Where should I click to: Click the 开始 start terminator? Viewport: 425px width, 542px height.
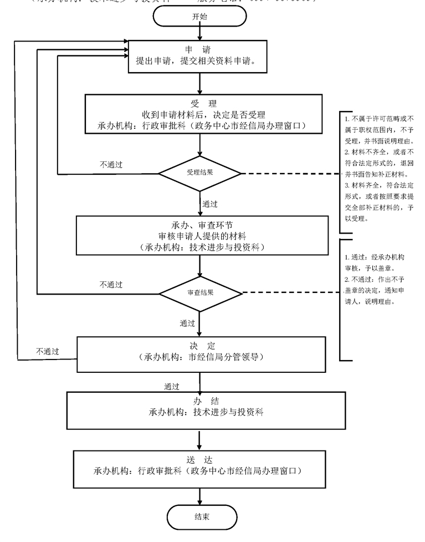click(199, 16)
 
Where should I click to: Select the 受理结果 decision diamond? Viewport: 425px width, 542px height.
click(200, 173)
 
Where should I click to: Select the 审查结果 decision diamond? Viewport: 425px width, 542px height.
click(201, 292)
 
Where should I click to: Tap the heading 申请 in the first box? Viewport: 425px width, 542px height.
click(198, 50)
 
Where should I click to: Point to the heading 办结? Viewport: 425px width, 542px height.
click(198, 401)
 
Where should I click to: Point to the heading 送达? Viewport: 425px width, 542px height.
click(198, 459)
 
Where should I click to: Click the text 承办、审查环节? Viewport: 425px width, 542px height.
click(199, 225)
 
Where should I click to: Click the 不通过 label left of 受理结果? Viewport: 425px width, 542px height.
click(111, 164)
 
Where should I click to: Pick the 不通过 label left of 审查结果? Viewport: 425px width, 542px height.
click(111, 285)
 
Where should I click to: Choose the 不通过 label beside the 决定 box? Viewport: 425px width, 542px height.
click(48, 351)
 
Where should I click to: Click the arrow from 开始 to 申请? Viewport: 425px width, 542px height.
click(199, 32)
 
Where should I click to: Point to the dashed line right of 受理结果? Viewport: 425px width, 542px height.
click(288, 173)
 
